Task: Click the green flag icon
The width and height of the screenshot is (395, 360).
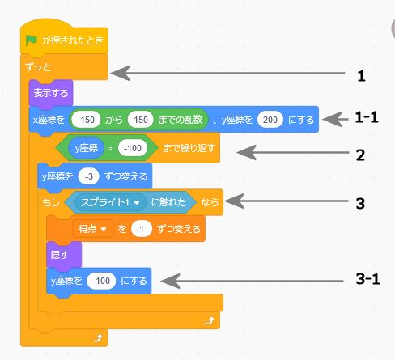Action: (32, 40)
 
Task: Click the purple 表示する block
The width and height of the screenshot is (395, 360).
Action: (51, 93)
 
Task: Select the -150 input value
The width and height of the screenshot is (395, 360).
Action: (85, 120)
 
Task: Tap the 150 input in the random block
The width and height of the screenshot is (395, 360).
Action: (141, 120)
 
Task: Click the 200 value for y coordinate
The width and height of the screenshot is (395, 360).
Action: (270, 120)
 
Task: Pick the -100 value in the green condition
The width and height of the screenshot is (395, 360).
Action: (133, 148)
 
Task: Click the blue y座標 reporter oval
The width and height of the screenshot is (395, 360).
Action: (86, 148)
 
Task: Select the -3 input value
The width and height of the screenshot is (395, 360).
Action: (89, 176)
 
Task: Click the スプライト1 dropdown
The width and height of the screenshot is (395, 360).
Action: (110, 202)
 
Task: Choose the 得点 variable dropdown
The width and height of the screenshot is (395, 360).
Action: (92, 229)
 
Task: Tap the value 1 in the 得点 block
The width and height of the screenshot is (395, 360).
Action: (142, 229)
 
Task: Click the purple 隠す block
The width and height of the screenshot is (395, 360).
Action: (64, 255)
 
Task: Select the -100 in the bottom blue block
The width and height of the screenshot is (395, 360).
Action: (101, 281)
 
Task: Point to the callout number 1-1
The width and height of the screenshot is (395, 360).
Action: (367, 117)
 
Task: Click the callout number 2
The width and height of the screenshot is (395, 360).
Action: (360, 155)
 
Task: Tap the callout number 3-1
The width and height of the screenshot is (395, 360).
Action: (367, 278)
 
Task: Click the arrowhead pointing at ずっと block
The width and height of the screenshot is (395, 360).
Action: (121, 73)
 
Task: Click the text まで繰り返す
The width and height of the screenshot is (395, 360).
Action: (189, 148)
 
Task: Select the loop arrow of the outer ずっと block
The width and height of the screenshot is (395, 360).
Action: (98, 337)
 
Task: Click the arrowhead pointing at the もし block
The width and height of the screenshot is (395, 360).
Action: (234, 201)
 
